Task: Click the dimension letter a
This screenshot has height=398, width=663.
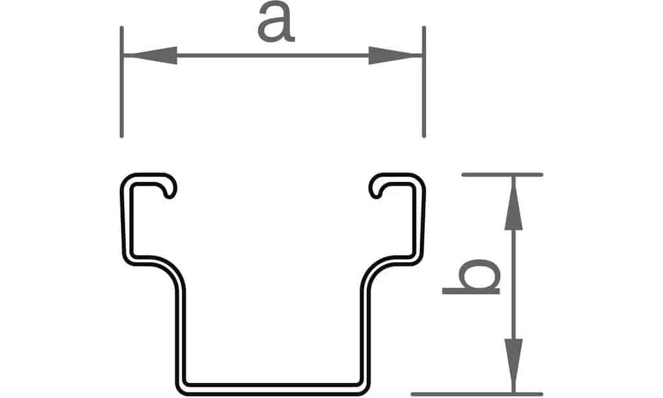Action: (x=276, y=23)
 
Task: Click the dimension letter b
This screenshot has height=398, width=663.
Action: (x=471, y=277)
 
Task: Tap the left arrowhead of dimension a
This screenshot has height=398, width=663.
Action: (x=151, y=56)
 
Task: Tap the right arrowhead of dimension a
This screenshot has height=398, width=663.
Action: (x=395, y=56)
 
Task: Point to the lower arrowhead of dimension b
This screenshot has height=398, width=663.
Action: (x=514, y=366)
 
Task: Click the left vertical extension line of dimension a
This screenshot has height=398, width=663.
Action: (x=122, y=82)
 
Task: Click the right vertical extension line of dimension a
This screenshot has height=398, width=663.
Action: (x=424, y=82)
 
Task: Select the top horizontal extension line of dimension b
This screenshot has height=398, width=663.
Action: (x=503, y=174)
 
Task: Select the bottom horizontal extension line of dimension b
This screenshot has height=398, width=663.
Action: (x=477, y=394)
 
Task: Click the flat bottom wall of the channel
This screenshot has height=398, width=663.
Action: (x=273, y=390)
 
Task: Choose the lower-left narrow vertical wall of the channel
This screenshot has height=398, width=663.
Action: (x=180, y=334)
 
